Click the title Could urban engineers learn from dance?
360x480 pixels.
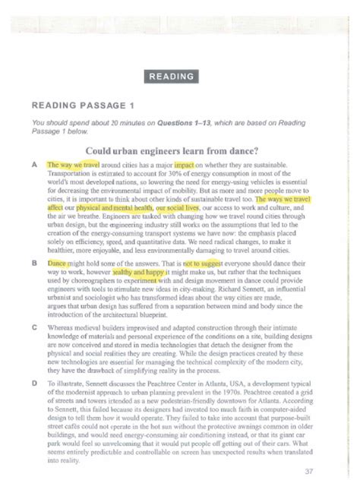(x=174, y=149)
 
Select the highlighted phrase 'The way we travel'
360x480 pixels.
(x=74, y=164)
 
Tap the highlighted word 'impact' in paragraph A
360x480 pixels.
(x=184, y=164)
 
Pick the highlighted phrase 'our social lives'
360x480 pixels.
(x=178, y=206)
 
